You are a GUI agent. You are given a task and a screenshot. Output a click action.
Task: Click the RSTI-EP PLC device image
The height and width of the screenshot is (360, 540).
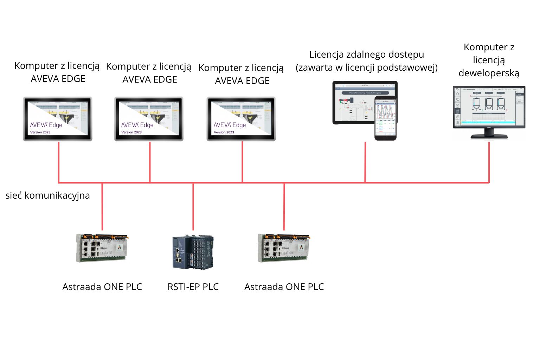[x=193, y=252]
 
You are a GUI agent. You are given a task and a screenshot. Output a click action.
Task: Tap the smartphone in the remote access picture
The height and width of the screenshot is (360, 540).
[x=385, y=118]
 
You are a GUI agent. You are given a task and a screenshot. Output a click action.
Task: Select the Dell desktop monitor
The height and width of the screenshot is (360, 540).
[x=489, y=107]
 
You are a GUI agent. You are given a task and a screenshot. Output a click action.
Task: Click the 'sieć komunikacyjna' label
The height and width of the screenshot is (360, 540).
[x=47, y=195]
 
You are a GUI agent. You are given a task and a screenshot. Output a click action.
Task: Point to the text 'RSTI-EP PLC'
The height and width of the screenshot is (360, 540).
[x=193, y=287]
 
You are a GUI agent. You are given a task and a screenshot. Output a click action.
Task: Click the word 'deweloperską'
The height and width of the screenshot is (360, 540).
[x=489, y=73]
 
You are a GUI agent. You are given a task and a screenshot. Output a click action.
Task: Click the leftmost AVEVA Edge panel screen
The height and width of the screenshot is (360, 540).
[x=58, y=119]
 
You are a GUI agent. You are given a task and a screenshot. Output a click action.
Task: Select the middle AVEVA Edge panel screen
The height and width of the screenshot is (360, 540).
[x=149, y=119]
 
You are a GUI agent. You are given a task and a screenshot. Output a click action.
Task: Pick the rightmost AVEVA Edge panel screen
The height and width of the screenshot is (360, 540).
[x=241, y=119]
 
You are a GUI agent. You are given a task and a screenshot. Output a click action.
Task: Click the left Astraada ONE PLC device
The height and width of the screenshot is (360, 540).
[x=102, y=248]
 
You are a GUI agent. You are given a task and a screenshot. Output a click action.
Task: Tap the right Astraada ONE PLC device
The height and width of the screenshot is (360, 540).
[x=284, y=248]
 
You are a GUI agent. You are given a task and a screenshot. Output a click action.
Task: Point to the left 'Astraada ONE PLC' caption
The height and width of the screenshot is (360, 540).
[x=102, y=287]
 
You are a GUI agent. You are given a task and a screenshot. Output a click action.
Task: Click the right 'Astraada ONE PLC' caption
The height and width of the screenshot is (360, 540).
[x=284, y=287]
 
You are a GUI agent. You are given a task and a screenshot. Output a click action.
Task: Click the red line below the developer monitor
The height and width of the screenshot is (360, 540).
[x=489, y=162]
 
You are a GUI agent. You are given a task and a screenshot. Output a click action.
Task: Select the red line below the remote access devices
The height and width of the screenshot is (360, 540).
[x=365, y=162]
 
